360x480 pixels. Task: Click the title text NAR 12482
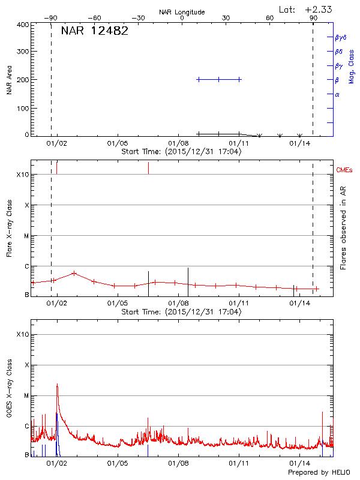click(94, 31)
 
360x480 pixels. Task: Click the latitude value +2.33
click(319, 9)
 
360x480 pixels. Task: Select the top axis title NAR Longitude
click(182, 12)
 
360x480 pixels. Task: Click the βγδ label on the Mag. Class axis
click(341, 37)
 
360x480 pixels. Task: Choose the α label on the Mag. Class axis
click(337, 94)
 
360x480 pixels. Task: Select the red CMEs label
click(345, 171)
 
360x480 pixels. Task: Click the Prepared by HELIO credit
click(319, 473)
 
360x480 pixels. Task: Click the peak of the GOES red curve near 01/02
click(57, 384)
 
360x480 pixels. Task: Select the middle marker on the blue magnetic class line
click(219, 79)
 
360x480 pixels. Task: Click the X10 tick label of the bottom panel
click(22, 334)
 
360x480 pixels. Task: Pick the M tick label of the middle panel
click(26, 236)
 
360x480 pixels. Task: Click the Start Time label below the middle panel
click(181, 312)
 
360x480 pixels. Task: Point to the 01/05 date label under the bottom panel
click(117, 464)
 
